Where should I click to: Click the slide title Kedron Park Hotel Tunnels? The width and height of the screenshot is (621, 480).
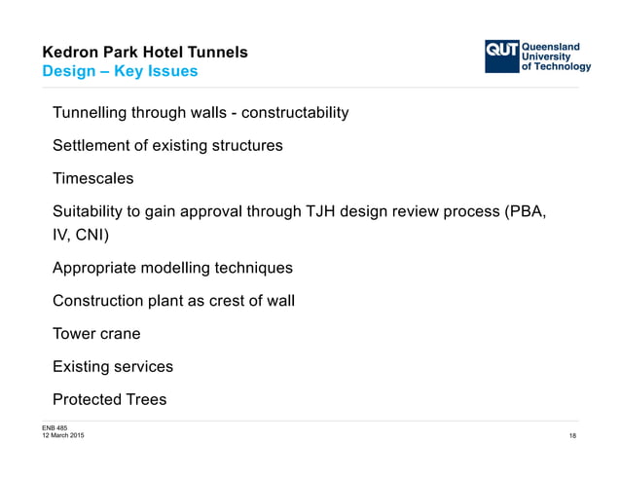tap(144, 52)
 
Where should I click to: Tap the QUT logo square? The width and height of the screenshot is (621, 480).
tap(502, 55)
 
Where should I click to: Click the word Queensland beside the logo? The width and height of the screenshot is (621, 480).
tap(552, 46)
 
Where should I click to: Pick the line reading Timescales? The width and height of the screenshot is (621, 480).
tap(93, 179)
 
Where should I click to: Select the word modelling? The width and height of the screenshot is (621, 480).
tap(178, 268)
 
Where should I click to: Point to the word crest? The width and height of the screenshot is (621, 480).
tap(220, 301)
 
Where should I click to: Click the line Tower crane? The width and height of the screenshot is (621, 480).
tap(96, 334)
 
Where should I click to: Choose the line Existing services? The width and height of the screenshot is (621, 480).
tap(113, 367)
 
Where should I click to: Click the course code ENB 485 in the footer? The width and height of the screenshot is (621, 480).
tap(55, 427)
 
